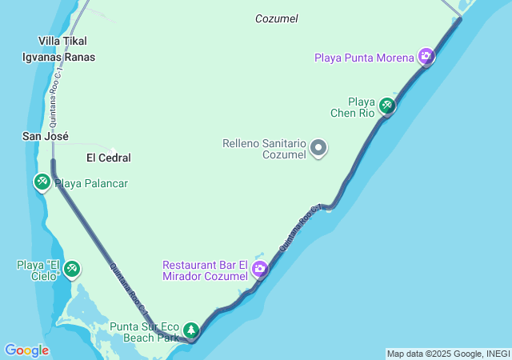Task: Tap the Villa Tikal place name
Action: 63,41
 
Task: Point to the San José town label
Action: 45,137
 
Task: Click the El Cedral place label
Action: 108,158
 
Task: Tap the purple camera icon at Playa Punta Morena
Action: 426,56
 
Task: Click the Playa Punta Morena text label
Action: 365,57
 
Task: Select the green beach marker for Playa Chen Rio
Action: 387,105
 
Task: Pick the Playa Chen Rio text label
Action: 353,107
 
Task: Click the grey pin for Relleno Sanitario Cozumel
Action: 318,148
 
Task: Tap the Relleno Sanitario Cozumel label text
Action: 264,149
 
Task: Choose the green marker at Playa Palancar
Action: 42,182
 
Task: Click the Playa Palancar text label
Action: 91,183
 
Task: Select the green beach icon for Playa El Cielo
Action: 72,267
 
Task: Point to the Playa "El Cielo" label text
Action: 39,270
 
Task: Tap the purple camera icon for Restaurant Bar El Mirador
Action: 259,270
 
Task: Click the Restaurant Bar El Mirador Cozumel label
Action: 206,270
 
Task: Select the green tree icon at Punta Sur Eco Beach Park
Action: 191,330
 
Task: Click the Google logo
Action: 26,350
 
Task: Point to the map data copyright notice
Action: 447,354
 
